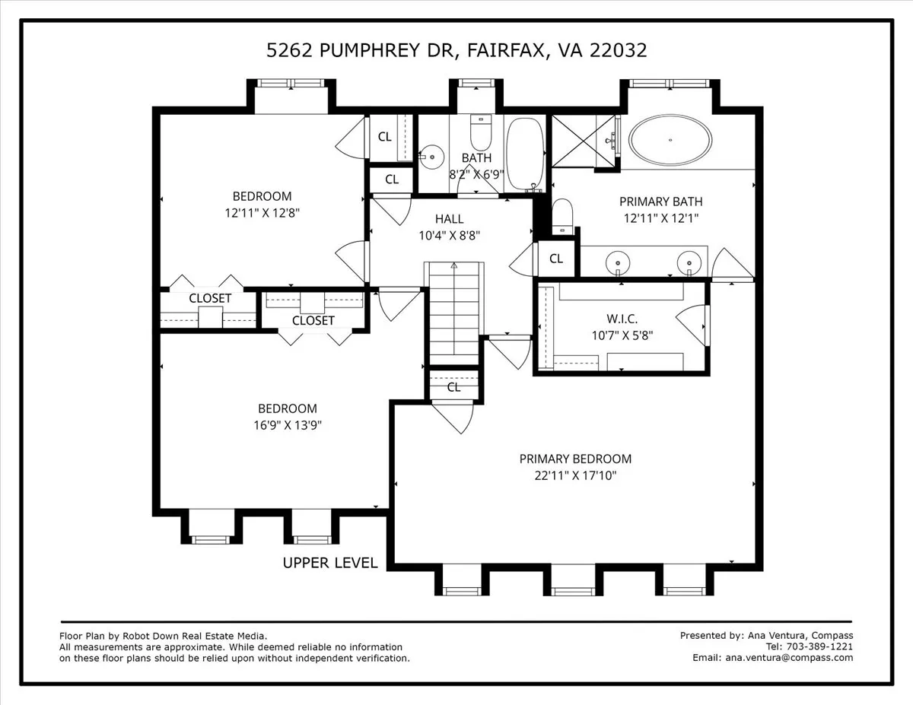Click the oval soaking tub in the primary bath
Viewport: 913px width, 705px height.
(x=670, y=140)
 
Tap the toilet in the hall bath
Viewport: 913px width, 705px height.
(x=481, y=134)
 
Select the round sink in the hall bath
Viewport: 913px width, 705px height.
(x=432, y=157)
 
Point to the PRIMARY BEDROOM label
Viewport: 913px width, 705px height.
(x=575, y=459)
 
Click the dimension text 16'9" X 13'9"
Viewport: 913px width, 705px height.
(x=287, y=425)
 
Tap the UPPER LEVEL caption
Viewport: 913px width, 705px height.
(x=330, y=563)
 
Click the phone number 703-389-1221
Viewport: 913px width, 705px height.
(x=820, y=646)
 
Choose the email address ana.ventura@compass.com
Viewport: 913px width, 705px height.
(x=789, y=658)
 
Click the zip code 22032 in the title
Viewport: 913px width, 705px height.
(x=621, y=50)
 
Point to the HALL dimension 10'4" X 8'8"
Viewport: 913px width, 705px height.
(x=449, y=236)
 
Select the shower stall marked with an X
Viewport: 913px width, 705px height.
(x=584, y=141)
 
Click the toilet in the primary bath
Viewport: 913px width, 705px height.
(x=561, y=214)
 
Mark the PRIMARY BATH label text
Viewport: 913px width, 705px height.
(x=660, y=202)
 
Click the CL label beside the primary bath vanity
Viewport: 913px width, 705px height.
(x=556, y=259)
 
